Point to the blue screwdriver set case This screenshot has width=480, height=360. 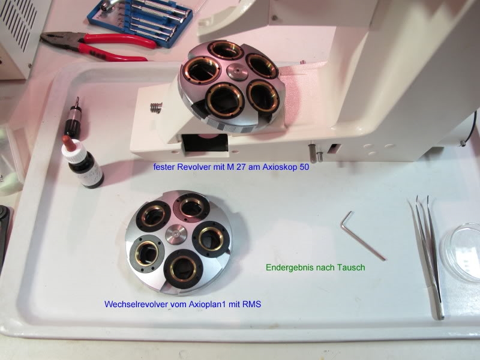(x=140, y=22)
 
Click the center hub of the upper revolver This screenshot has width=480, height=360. (x=237, y=72)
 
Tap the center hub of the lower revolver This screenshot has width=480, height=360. (x=176, y=235)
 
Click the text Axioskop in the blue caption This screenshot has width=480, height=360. (x=280, y=167)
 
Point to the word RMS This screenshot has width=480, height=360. (x=251, y=304)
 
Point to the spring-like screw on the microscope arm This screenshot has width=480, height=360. (x=156, y=108)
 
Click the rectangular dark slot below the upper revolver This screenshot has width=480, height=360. (x=205, y=143)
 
